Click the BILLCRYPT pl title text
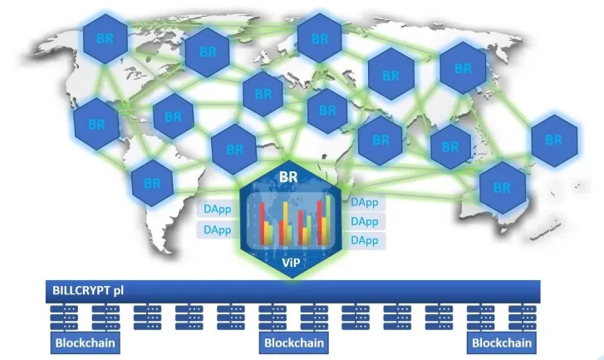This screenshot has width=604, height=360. pyautogui.click(x=88, y=290)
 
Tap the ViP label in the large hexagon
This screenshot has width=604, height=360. pyautogui.click(x=291, y=263)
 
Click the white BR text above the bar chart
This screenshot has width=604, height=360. pyautogui.click(x=288, y=176)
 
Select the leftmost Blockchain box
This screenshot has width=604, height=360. pyautogui.click(x=85, y=343)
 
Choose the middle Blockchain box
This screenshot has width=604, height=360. pyautogui.click(x=294, y=343)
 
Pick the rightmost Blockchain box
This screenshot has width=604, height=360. pyautogui.click(x=502, y=343)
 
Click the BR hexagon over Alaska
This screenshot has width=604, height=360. pyautogui.click(x=106, y=38)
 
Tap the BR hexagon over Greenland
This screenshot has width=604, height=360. pyautogui.click(x=208, y=52)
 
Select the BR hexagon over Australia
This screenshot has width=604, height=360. pyautogui.click(x=503, y=188)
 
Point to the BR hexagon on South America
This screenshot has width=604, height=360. pyautogui.click(x=152, y=183)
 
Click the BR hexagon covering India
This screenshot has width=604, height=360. pyautogui.click(x=381, y=141)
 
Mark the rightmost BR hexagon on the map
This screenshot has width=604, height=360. pyautogui.click(x=554, y=141)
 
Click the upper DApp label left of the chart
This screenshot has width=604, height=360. pyautogui.click(x=217, y=209)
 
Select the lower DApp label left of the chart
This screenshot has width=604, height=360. pyautogui.click(x=217, y=229)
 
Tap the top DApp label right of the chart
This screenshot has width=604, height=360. pyautogui.click(x=365, y=202)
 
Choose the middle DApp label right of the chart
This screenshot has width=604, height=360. pyautogui.click(x=365, y=222)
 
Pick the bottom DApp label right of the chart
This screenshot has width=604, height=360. pyautogui.click(x=365, y=240)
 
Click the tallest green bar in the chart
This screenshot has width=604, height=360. pyautogui.click(x=328, y=220)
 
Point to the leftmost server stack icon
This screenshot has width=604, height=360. pyautogui.click(x=64, y=318)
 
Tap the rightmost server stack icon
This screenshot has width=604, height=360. pyautogui.click(x=523, y=318)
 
